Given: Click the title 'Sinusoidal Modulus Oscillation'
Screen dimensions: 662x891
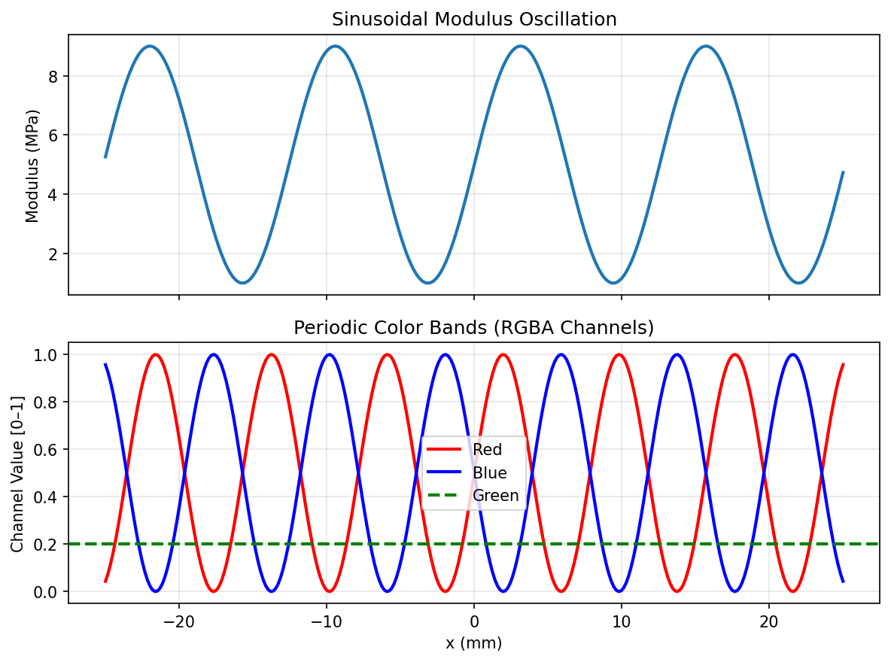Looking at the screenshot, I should [474, 20].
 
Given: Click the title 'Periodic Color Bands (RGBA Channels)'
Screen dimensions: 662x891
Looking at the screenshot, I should [474, 328].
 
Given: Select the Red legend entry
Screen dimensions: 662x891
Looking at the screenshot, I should [487, 450].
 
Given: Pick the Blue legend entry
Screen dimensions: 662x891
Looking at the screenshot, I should [489, 473].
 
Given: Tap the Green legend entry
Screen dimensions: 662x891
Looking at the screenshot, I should [495, 496].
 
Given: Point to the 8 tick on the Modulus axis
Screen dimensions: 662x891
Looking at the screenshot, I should [54, 76].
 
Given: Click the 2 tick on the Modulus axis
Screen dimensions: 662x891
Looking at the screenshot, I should [54, 254].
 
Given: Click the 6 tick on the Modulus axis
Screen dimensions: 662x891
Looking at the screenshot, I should [54, 135].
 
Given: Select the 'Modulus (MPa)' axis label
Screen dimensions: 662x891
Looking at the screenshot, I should [32, 165].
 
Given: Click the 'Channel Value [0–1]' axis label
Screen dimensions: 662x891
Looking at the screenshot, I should [17, 472].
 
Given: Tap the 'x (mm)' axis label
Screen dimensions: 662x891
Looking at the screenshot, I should [474, 644].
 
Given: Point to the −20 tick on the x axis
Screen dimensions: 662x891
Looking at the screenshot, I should [179, 622].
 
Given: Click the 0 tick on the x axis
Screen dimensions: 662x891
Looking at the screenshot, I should [474, 622].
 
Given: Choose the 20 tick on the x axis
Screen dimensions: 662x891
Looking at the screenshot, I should [768, 622].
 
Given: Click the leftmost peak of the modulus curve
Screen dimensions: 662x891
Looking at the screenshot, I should [151, 46].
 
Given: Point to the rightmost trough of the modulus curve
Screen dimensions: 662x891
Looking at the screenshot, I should [798, 283].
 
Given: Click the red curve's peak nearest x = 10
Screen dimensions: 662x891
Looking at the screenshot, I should [619, 354].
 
